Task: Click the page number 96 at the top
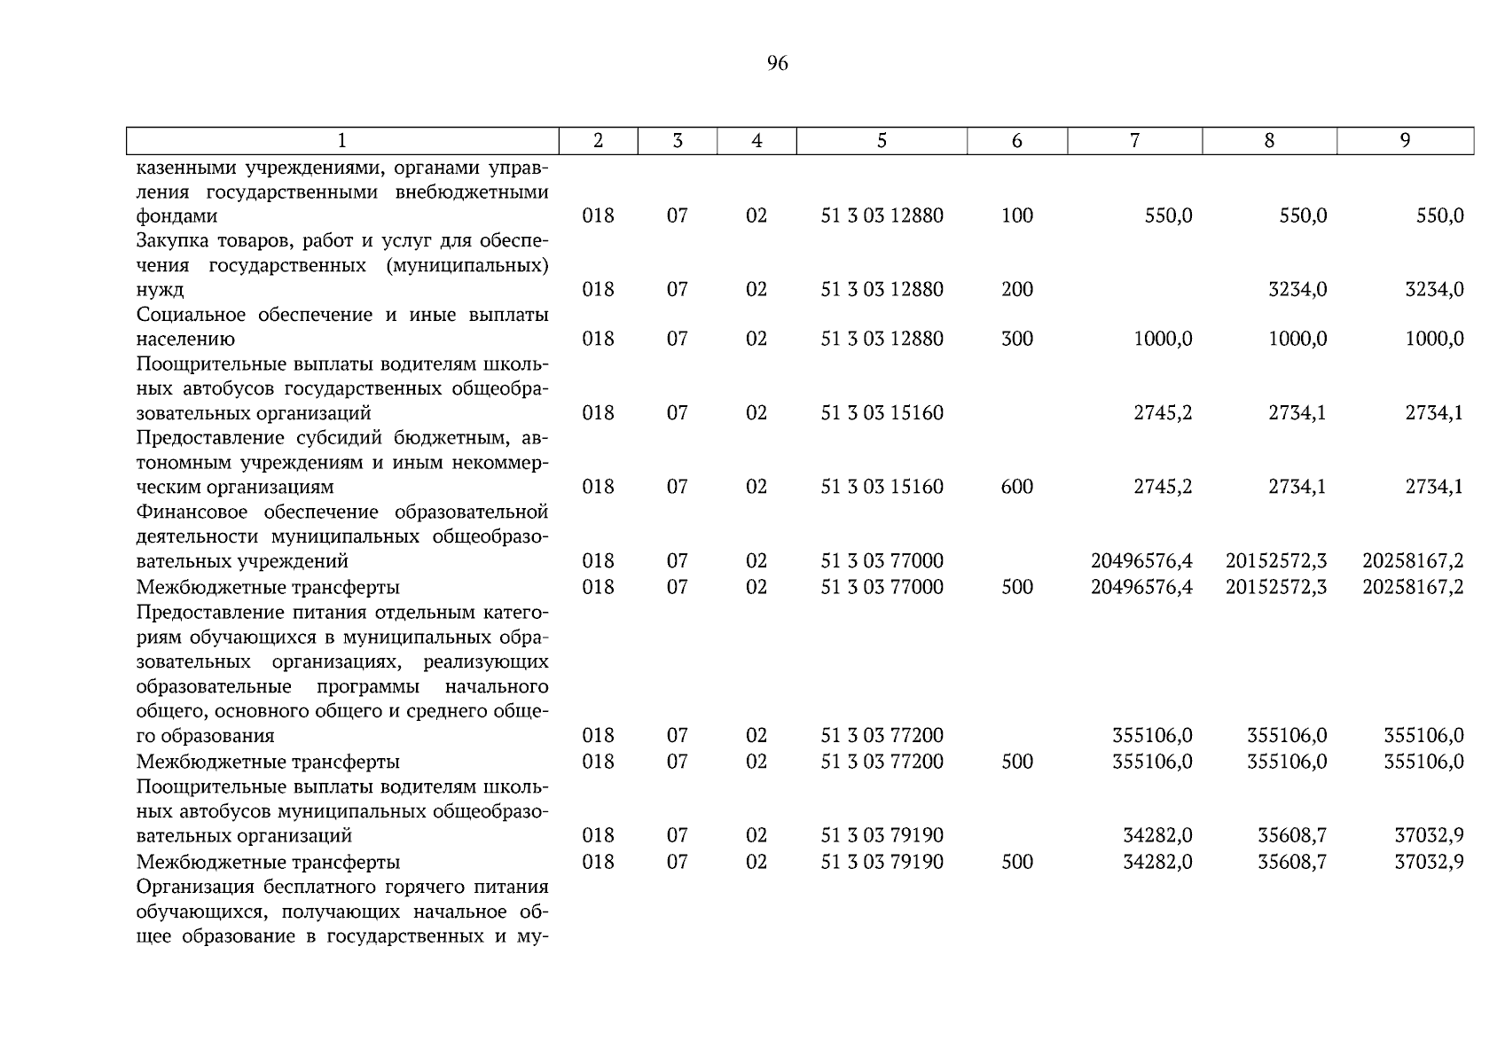click(x=777, y=64)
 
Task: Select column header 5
click(x=882, y=141)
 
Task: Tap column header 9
click(x=1405, y=141)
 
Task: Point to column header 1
click(x=342, y=141)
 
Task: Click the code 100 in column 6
click(x=1016, y=216)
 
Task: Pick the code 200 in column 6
click(x=1016, y=290)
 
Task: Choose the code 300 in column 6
click(x=1016, y=340)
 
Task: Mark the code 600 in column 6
click(x=1016, y=488)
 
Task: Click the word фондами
click(x=176, y=216)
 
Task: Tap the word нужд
click(x=161, y=290)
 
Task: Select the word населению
click(x=185, y=340)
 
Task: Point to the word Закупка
click(x=170, y=241)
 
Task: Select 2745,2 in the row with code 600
click(x=1163, y=488)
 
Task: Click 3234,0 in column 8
click(x=1297, y=290)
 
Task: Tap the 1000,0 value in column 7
click(x=1163, y=340)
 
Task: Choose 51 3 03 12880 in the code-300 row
click(x=882, y=340)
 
